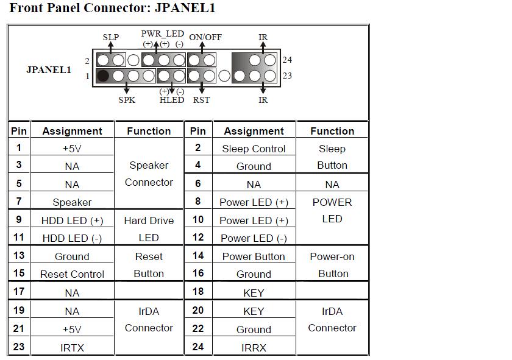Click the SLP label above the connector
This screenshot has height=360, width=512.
point(111,37)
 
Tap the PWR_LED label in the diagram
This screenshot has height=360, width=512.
point(162,34)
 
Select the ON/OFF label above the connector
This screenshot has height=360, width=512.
point(205,37)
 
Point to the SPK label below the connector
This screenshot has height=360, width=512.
point(127,100)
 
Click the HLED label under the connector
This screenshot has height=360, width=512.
point(171,100)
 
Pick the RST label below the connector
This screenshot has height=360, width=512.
point(201,100)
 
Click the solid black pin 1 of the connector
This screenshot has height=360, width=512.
point(103,76)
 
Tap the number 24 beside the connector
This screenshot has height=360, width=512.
point(287,60)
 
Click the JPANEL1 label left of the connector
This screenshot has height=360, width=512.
point(49,69)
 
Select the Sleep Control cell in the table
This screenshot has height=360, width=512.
point(254,149)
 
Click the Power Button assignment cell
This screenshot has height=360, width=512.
point(254,256)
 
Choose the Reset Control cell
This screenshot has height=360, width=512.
point(72,274)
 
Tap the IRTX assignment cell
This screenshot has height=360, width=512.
point(72,348)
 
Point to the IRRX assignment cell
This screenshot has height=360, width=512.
point(254,348)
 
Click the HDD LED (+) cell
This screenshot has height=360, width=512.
point(72,221)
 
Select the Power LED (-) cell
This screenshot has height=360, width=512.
point(254,238)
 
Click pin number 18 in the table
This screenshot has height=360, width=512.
point(198,292)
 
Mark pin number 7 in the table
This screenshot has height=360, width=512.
point(19,201)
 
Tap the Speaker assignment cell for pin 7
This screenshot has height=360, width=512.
point(72,202)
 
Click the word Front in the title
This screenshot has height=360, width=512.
point(26,9)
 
